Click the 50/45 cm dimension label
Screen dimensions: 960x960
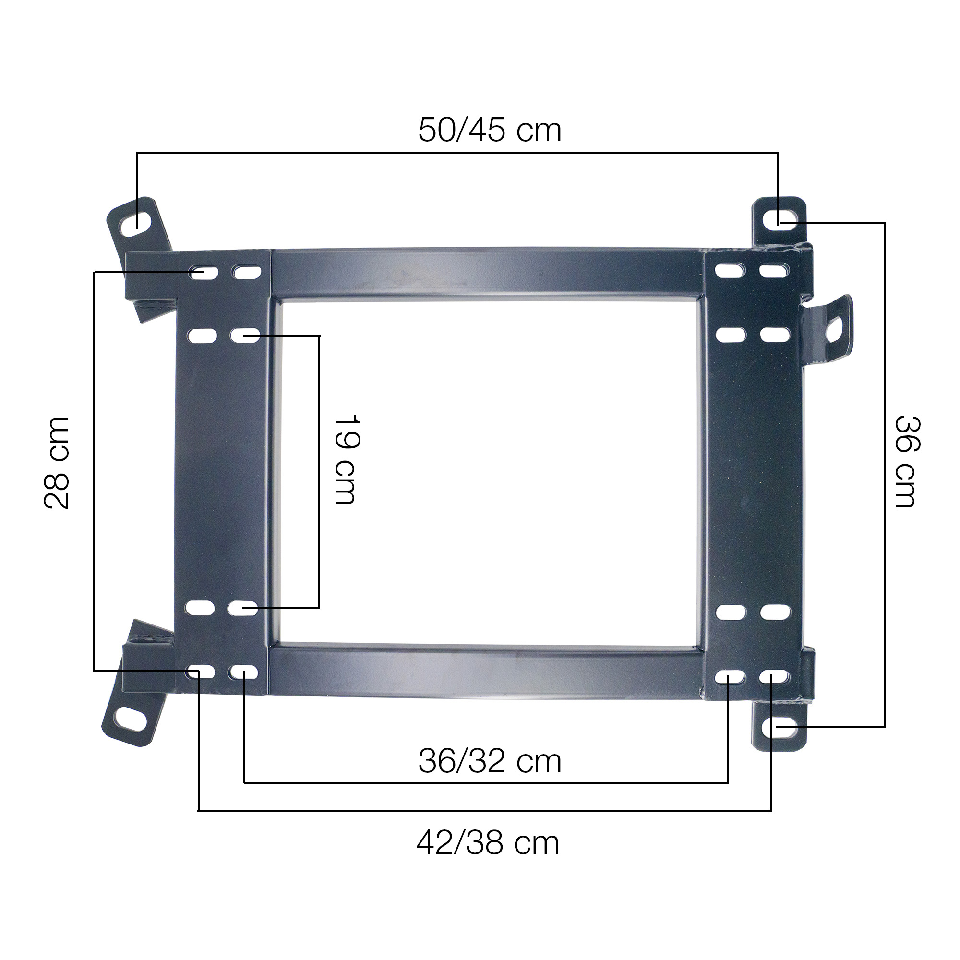pos(490,130)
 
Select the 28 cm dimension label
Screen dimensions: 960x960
pos(56,463)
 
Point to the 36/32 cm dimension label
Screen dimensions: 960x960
pos(490,761)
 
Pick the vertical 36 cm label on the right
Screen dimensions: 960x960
pos(908,462)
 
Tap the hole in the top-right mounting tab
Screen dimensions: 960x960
pos(779,219)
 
